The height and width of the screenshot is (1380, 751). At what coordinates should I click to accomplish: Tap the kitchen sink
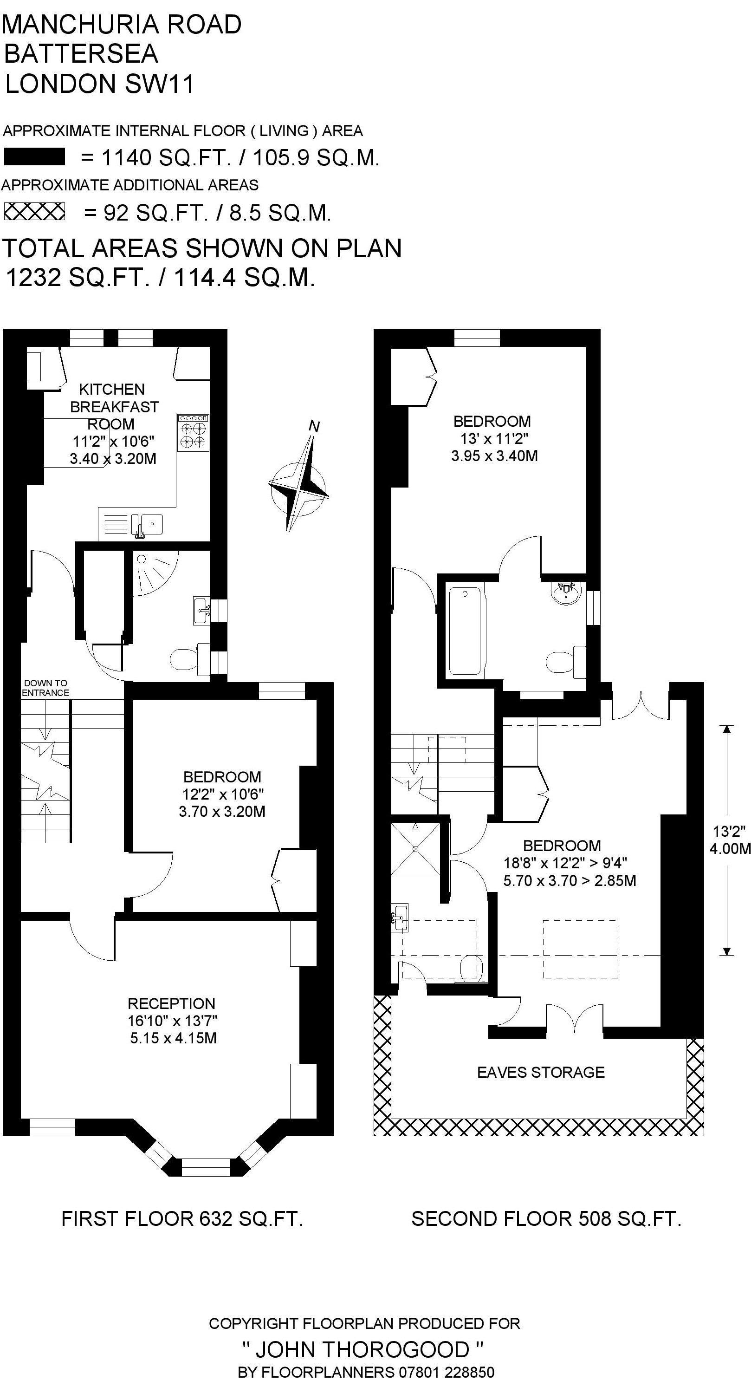pos(146,524)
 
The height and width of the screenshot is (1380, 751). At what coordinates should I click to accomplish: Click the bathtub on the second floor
pos(465,631)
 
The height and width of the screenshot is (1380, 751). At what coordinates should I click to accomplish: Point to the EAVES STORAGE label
pos(541,1072)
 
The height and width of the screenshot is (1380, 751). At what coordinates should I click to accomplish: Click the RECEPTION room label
pos(171,1003)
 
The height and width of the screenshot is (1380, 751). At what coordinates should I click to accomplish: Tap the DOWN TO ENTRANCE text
pos(45,688)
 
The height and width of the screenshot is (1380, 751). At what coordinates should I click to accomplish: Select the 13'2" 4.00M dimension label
pos(730,840)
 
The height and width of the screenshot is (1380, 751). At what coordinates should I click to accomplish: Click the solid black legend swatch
pos(34,156)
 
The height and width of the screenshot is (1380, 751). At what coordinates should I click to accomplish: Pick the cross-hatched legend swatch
pos(34,212)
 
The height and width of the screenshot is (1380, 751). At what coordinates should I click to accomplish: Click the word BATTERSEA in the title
pos(81,53)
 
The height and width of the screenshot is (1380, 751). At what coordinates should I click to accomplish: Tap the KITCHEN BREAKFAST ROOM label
pos(114,407)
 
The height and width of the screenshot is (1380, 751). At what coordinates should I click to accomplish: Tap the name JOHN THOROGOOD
pos(363,1349)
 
